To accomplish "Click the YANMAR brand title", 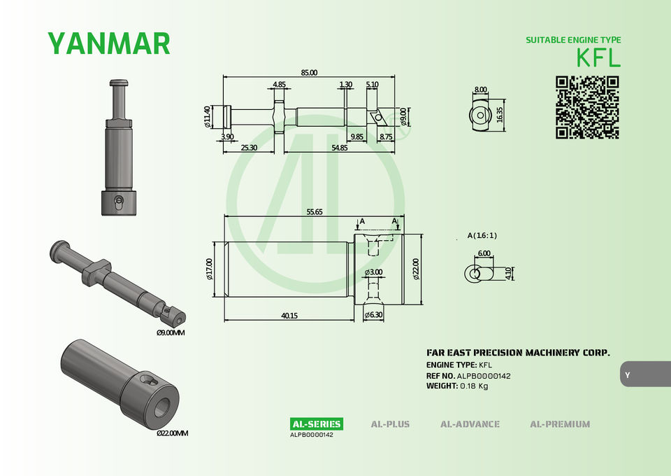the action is point(109,43).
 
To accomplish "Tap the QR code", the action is point(588,108).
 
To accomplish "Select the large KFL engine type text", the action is point(598,57).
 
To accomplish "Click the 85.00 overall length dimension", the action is point(309,72).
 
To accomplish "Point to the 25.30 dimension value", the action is point(249,148).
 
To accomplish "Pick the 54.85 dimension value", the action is point(340,148).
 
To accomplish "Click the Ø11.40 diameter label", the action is point(208,117).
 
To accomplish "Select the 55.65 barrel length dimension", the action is point(315,211).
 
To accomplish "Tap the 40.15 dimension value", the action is point(289,315).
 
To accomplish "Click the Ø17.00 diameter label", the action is point(209,269).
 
